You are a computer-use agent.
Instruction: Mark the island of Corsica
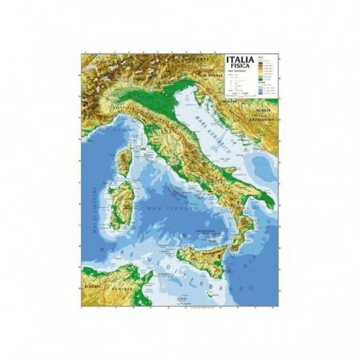pos(124,162)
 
